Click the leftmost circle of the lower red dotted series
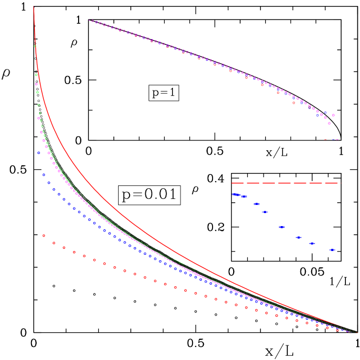coord(44,235)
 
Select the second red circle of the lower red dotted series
coord(54,243)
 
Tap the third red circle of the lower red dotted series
coord(64,248)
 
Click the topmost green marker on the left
coord(35,46)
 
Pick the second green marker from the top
coord(36,74)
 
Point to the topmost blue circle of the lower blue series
coord(38,153)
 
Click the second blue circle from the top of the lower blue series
coord(44,175)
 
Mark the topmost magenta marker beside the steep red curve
coord(36,84)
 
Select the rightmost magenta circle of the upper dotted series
coord(333,115)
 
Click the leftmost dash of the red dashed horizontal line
coord(237,183)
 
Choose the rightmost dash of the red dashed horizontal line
coord(331,183)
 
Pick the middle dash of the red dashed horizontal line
coord(285,183)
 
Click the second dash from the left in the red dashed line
coord(253,183)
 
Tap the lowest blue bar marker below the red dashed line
coord(332,250)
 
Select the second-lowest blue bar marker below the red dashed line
coord(312,243)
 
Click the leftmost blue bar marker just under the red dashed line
coord(235,194)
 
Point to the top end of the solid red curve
coord(34,7)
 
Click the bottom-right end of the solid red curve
coord(355,332)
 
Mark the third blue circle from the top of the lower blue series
coord(49,183)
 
